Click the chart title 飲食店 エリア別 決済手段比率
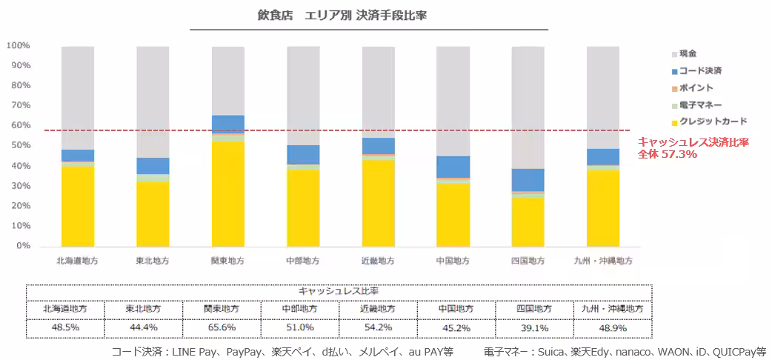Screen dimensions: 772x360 pyautogui.click(x=342, y=16)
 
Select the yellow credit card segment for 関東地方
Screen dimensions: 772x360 pyautogui.click(x=228, y=194)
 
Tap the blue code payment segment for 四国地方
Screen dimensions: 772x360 pyautogui.click(x=528, y=180)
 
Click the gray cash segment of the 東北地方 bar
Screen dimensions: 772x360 pyautogui.click(x=153, y=102)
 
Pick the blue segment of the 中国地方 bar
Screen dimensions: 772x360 pyautogui.click(x=453, y=167)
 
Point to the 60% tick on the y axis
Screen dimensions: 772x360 pyautogui.click(x=19, y=125)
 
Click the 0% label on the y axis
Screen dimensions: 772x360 pyautogui.click(x=23, y=245)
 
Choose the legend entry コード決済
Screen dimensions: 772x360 pyautogui.click(x=697, y=71)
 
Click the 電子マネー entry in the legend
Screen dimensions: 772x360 pyautogui.click(x=697, y=104)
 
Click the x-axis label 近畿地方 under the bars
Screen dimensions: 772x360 pyautogui.click(x=378, y=261)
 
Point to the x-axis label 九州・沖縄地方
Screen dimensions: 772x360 pyautogui.click(x=604, y=261)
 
